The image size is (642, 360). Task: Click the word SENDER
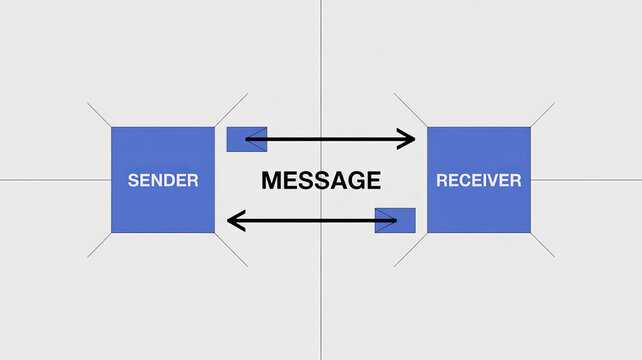(x=163, y=181)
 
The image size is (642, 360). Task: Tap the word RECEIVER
(x=479, y=181)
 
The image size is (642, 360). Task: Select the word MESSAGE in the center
(x=321, y=181)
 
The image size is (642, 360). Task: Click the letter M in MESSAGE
(x=271, y=181)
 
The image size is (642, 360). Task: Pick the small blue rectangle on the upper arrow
(x=246, y=139)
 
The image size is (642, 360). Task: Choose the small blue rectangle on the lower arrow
(x=395, y=220)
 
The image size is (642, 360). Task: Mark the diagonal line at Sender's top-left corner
(x=99, y=114)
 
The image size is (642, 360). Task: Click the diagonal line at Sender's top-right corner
(x=231, y=110)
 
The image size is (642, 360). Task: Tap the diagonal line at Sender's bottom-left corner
(x=99, y=246)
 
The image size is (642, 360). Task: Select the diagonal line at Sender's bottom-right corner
(x=231, y=249)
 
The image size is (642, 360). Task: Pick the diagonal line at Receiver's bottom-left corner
(x=410, y=250)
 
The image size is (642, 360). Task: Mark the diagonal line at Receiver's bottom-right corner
(x=542, y=245)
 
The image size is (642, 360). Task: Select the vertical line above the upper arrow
(x=321, y=60)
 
